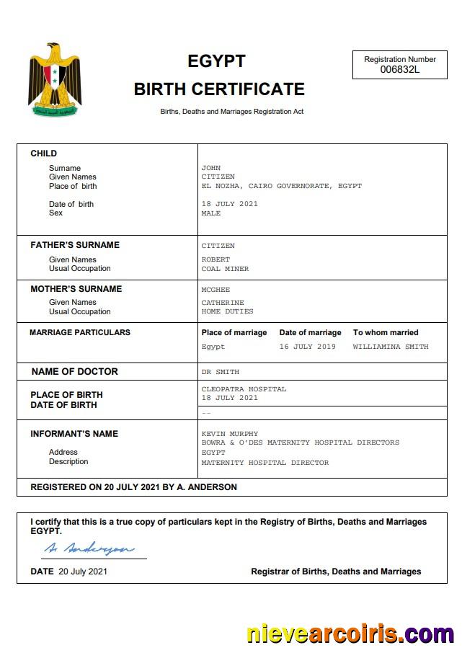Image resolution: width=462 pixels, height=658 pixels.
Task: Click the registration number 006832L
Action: click(x=399, y=70)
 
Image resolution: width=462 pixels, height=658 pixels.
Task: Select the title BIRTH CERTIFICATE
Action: click(x=219, y=89)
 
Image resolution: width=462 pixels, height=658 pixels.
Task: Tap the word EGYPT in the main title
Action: click(x=216, y=61)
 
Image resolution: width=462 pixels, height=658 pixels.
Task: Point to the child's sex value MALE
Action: click(x=211, y=213)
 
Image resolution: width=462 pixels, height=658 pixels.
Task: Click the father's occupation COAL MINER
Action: click(x=225, y=269)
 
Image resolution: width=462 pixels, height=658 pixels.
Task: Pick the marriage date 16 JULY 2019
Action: click(x=308, y=347)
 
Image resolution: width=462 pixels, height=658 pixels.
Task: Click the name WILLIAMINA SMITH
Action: click(x=390, y=347)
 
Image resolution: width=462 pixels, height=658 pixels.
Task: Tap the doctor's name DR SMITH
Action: click(x=220, y=372)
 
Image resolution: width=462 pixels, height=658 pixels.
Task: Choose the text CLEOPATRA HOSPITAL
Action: click(x=244, y=389)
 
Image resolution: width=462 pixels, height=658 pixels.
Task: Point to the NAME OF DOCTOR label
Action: click(x=74, y=372)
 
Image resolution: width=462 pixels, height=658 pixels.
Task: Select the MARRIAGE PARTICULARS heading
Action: click(x=80, y=332)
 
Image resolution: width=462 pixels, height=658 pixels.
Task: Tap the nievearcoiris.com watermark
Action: click(x=350, y=633)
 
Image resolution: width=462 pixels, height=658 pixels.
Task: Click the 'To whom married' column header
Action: click(x=385, y=332)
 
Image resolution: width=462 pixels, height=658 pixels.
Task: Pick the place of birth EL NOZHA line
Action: click(x=281, y=186)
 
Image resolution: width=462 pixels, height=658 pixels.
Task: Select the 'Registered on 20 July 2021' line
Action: click(x=133, y=487)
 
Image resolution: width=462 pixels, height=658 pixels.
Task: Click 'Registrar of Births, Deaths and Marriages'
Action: click(x=336, y=572)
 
